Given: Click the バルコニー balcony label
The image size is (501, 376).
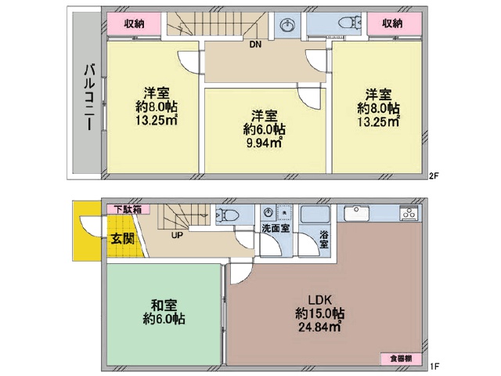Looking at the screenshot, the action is coord(90,97).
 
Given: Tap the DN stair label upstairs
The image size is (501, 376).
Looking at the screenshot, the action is coord(255,45).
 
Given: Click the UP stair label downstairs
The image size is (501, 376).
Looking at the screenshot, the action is coord(177,235).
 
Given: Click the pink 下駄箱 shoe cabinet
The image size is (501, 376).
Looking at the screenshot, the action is coord(128,209).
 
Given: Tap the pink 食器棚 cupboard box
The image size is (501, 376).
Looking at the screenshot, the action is coord(401,359).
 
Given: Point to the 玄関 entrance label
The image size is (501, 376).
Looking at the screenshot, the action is coord(122,238).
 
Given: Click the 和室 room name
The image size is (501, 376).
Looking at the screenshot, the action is coord(164,305).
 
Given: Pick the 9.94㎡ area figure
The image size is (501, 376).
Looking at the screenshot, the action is coord(264,143).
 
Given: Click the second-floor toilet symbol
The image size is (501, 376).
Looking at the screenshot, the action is coord(350,23).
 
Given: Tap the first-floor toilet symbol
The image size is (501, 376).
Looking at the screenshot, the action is coord(228,214).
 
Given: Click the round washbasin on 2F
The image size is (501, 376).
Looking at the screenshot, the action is coord(287,24).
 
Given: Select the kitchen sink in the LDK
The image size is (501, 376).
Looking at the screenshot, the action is coord(357,213).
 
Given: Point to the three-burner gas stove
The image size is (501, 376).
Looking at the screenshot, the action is coord(409,213).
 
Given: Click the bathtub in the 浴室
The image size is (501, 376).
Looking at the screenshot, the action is coord(315,214).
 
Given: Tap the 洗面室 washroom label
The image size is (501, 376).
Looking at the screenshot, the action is coord(276,228).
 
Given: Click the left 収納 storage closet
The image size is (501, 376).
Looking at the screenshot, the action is coord(134,23).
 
